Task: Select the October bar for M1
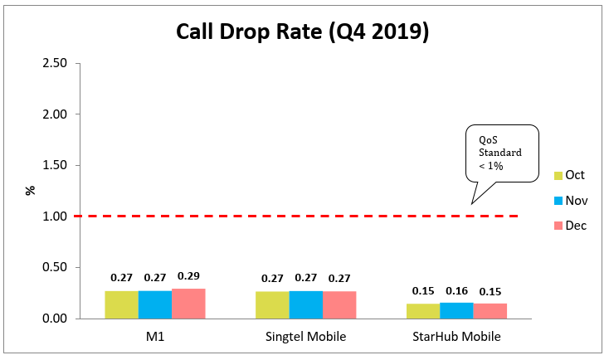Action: click(x=121, y=304)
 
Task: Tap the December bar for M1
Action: click(x=188, y=304)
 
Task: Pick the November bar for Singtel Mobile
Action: click(x=305, y=304)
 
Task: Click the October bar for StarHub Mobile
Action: click(x=423, y=311)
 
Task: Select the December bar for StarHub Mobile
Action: click(x=490, y=311)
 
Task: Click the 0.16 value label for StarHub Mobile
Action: click(x=457, y=292)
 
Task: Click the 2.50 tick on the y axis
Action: click(x=56, y=63)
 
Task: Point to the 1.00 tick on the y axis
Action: click(x=56, y=216)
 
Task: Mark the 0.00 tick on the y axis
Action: click(x=56, y=319)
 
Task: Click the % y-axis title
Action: click(x=31, y=190)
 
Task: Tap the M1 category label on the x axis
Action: click(x=154, y=337)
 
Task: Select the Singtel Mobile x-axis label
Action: click(x=305, y=337)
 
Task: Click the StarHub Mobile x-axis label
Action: click(x=456, y=337)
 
